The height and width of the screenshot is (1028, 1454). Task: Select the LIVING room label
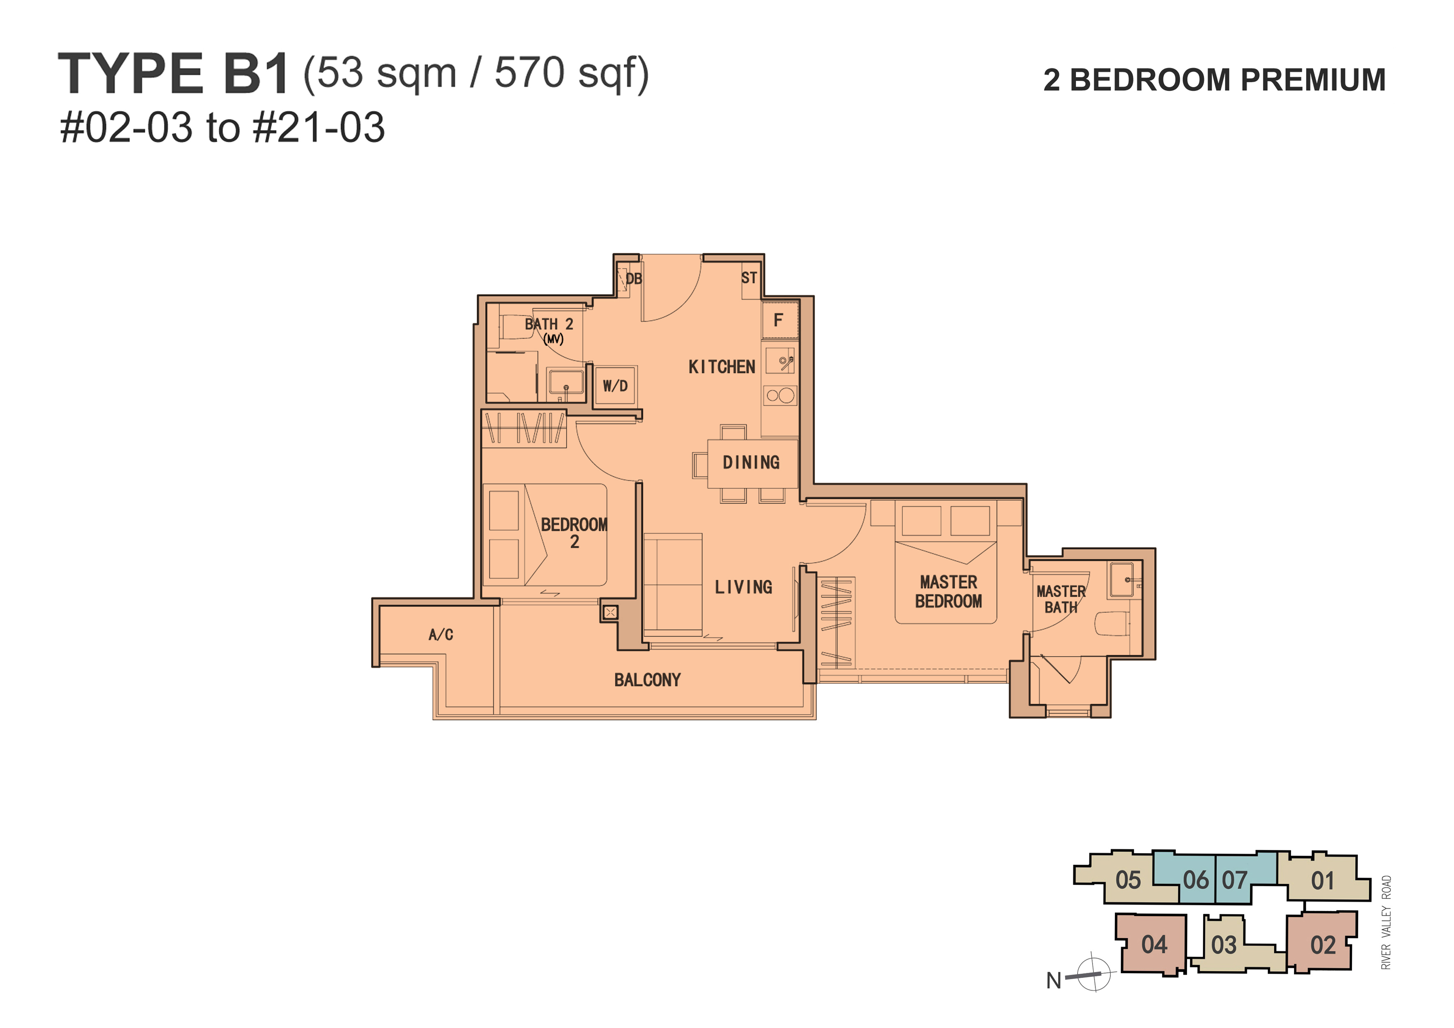744,587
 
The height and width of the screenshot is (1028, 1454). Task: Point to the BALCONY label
647,680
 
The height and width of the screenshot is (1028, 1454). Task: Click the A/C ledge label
441,635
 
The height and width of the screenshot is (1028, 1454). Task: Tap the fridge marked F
780,320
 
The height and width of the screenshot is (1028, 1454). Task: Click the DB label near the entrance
633,279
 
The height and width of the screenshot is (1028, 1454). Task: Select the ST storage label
749,277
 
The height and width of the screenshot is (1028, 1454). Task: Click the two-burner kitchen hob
780,396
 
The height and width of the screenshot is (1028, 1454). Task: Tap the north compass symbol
1094,972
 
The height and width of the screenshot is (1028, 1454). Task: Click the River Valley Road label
1386,922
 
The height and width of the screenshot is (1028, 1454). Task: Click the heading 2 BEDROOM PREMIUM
1214,80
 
